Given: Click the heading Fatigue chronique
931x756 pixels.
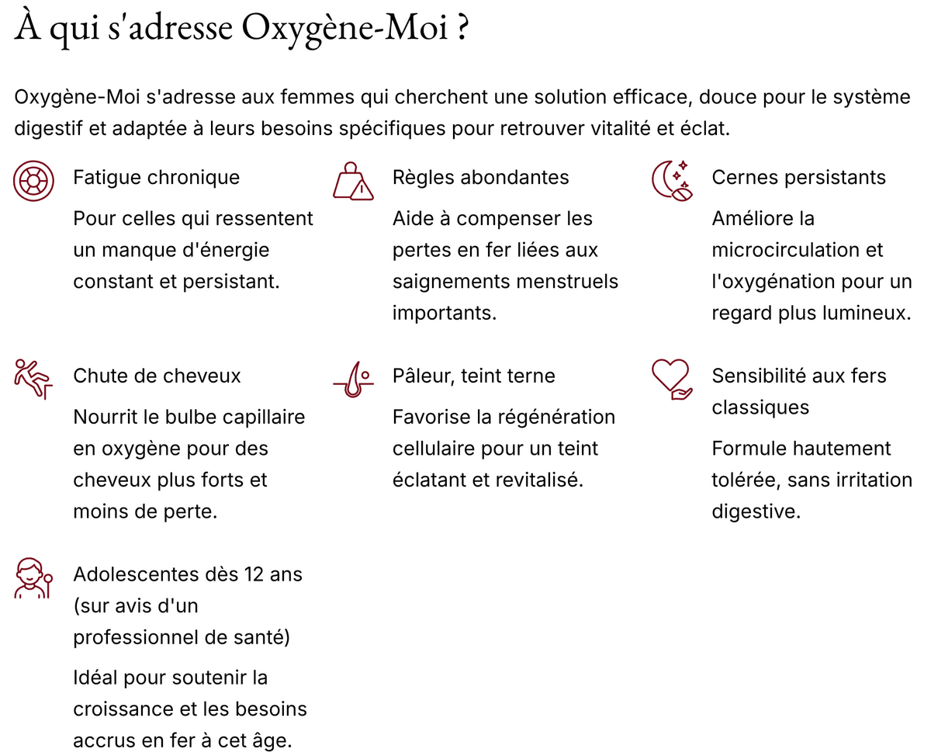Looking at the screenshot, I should point(156,177).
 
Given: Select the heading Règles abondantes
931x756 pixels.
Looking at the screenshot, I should point(480,177).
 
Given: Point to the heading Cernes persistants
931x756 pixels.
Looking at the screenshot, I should point(798,177).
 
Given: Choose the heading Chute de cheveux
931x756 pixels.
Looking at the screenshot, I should point(157,376).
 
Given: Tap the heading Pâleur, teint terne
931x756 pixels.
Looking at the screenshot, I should point(473,376).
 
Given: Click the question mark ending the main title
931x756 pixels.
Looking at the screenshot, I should point(462,29).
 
